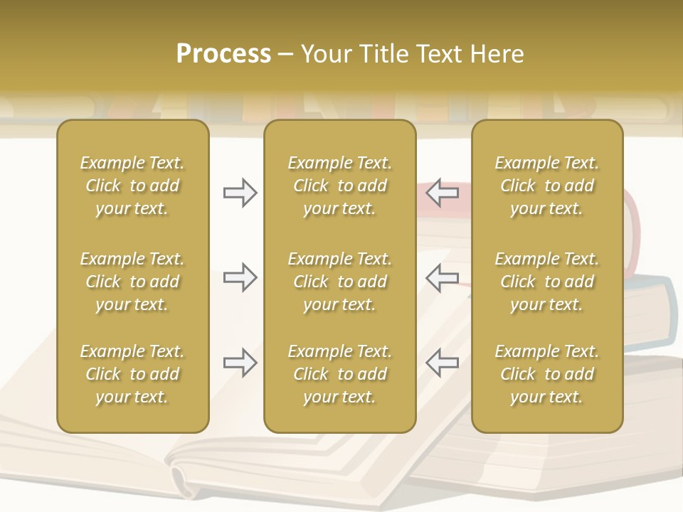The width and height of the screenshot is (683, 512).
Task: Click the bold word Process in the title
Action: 223,54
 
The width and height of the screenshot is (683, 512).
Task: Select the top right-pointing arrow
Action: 240,193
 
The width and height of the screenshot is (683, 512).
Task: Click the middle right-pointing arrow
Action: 240,277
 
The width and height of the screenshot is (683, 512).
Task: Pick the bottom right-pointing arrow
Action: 240,363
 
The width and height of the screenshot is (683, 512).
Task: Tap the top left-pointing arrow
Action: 442,193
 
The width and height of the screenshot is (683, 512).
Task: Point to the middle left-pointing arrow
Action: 442,277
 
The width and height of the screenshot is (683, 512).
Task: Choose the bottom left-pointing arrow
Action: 442,363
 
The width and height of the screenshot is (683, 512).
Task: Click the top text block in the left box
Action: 132,186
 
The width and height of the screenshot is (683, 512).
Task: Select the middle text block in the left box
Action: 132,282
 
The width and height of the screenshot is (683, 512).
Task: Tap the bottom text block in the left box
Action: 132,374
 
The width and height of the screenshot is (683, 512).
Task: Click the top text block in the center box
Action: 339,186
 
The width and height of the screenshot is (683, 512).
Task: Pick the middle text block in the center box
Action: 339,282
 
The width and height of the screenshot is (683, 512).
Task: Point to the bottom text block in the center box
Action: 339,374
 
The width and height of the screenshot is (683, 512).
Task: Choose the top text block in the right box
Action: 546,186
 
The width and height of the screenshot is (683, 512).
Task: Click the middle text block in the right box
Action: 546,282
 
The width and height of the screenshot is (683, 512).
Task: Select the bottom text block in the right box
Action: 546,374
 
